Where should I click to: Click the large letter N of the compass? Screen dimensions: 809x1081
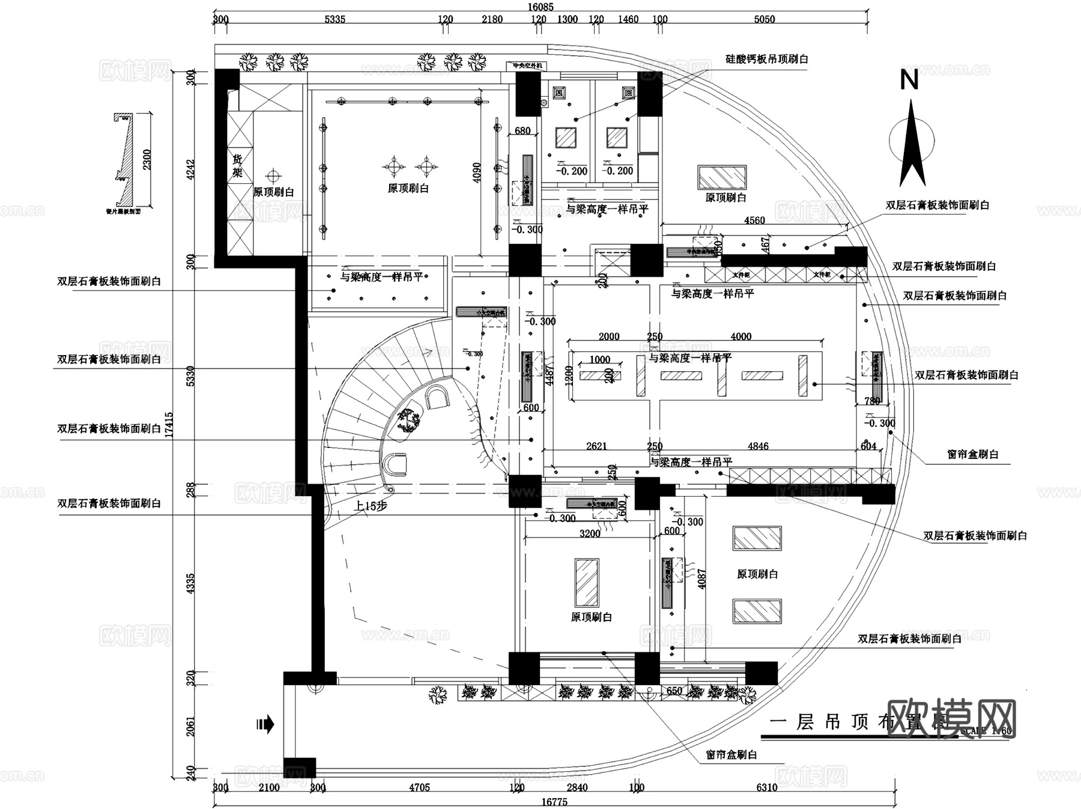[x=909, y=80]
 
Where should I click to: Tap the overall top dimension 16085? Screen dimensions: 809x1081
[x=540, y=7]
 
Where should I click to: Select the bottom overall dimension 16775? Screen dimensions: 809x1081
[x=554, y=802]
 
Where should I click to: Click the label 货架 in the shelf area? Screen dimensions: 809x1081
[x=238, y=166]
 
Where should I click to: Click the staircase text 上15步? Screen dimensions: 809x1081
[x=371, y=506]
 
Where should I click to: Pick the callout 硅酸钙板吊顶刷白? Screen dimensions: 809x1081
[x=767, y=59]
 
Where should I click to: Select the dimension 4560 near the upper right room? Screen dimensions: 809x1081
[x=754, y=220]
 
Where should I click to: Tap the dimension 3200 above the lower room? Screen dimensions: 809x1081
[x=590, y=533]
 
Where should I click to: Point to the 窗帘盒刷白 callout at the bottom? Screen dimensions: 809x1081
[x=731, y=755]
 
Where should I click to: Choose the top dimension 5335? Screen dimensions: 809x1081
[x=335, y=19]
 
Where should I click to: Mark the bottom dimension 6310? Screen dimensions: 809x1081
[x=766, y=787]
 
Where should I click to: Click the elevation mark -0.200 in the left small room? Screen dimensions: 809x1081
[x=572, y=171]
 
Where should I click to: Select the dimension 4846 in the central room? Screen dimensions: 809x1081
[x=758, y=446]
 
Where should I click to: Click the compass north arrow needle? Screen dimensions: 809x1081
[x=912, y=144]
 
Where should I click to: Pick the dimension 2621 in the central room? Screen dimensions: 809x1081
[x=596, y=446]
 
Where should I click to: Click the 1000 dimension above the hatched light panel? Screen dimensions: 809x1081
[x=599, y=360]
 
